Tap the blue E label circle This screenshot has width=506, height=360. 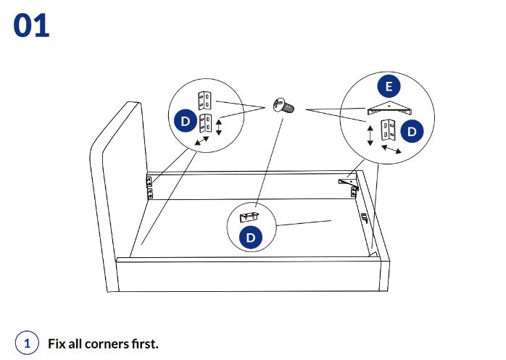coord(389,87)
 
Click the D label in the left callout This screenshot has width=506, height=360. coord(185,120)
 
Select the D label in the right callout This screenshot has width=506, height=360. coord(412,131)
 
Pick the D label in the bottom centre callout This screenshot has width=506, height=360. coord(251,237)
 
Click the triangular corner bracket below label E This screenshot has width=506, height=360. coord(389,109)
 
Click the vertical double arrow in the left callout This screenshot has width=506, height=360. coord(219,127)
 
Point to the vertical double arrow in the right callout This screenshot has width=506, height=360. coord(370,135)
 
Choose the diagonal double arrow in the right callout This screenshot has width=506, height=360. coord(392,149)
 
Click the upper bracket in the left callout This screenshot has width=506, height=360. coord(204,99)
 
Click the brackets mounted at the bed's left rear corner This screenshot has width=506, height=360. coord(149,186)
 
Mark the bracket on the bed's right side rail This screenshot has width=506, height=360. coord(364,217)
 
